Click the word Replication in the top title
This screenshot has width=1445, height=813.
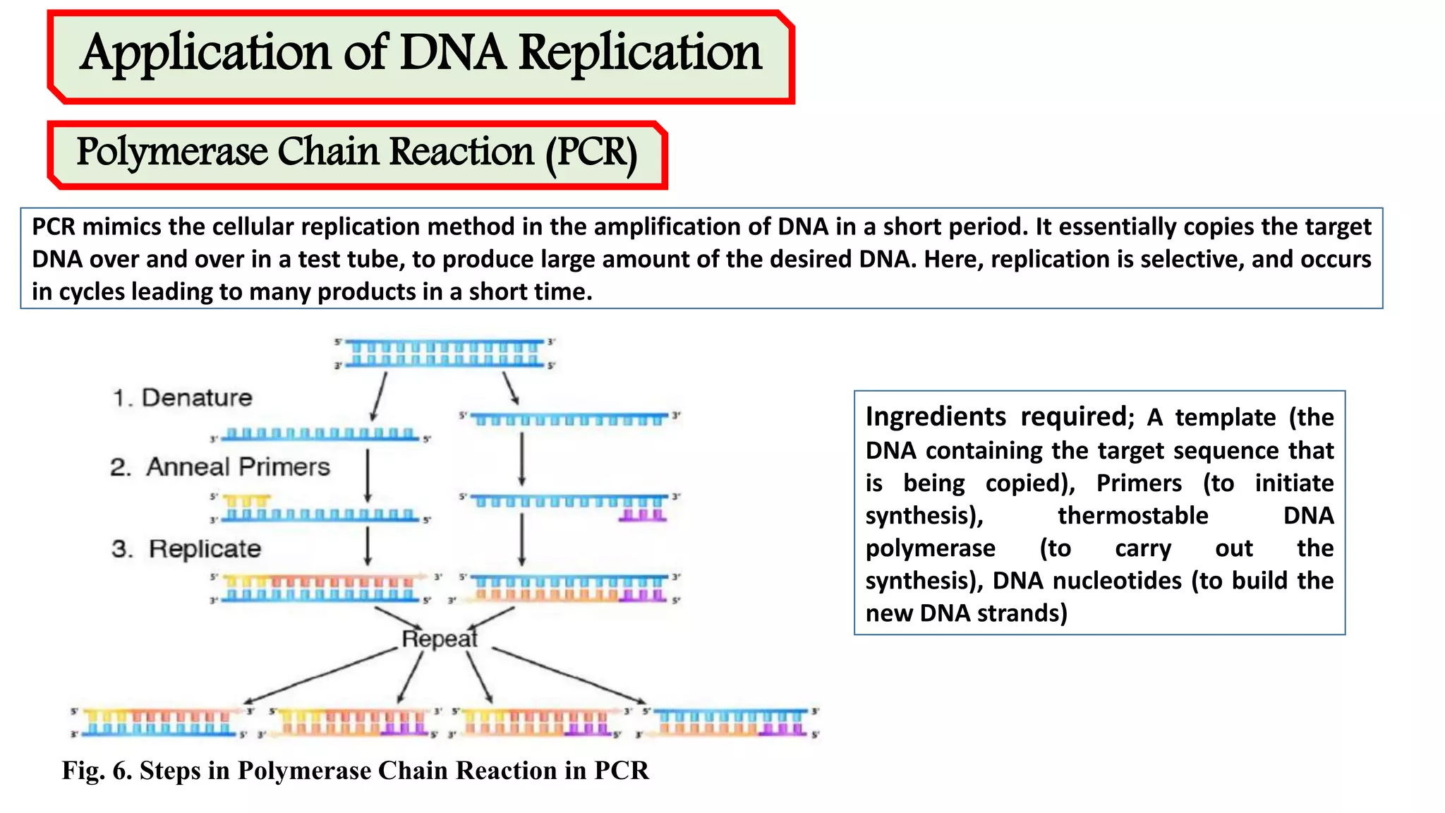click(x=640, y=54)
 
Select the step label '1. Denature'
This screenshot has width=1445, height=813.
click(x=183, y=398)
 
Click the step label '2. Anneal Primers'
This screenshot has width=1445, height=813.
click(x=220, y=467)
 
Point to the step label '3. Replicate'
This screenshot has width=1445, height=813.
click(x=186, y=549)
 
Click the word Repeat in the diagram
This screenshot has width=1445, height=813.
click(x=440, y=639)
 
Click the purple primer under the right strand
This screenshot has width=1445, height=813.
click(x=642, y=516)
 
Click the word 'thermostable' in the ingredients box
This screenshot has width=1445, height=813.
click(x=1132, y=516)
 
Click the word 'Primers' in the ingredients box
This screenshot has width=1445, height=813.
click(x=1139, y=483)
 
